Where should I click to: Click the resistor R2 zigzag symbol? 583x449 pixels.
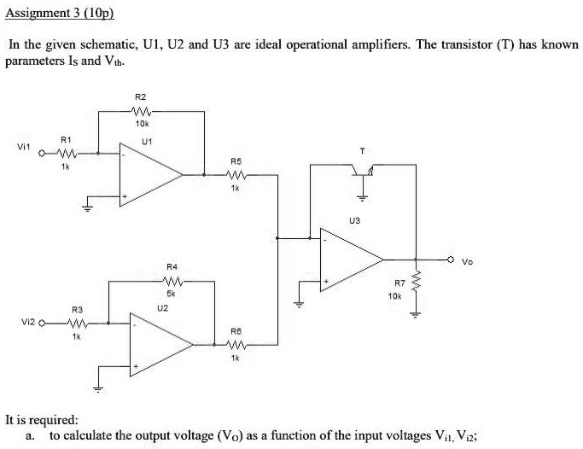click(141, 110)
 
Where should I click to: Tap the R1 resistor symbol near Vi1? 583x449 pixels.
click(67, 154)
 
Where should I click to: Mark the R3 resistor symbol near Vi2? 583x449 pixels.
click(77, 323)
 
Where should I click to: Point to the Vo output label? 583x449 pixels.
click(466, 261)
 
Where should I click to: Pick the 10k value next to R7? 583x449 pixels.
click(394, 294)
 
